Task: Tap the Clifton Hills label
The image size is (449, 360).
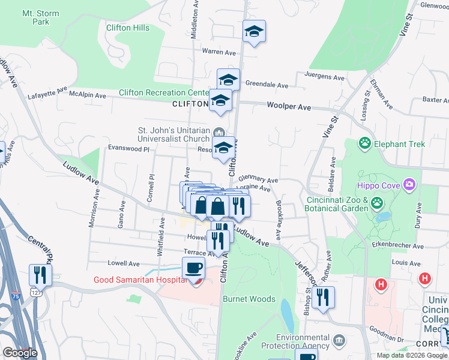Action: pos(127,28)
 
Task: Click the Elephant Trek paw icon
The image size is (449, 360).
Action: pos(364,143)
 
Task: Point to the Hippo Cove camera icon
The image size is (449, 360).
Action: pos(409,184)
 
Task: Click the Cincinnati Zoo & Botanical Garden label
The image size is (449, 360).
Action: pos(337,204)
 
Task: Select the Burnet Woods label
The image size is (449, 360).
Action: pos(249,299)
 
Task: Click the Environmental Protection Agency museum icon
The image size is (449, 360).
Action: pos(339,341)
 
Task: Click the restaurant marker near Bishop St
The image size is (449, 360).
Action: pos(323,296)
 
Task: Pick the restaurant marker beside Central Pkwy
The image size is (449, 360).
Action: pos(40,274)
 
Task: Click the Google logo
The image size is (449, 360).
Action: pos(20,353)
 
